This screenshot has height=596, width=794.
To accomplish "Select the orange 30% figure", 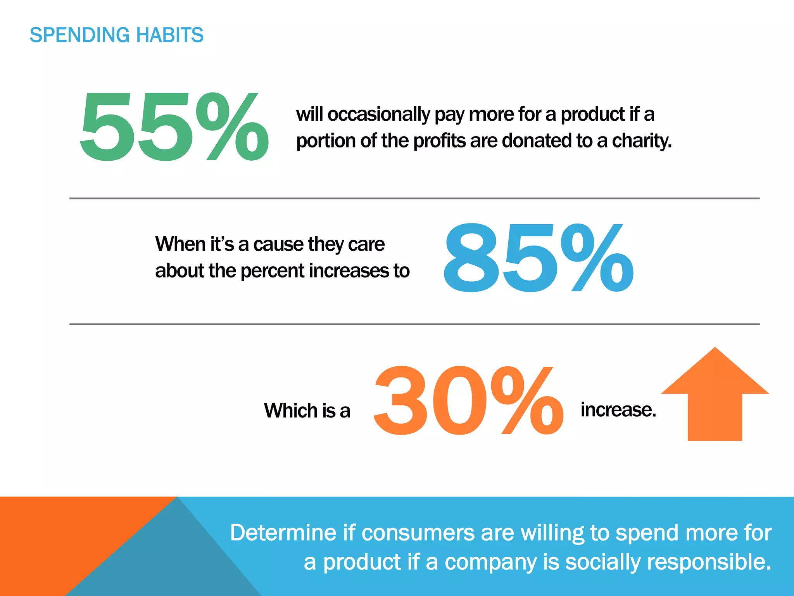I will coord(468,400).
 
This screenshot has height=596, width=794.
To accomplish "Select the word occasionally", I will coord(379,114).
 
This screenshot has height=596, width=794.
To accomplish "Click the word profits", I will coord(439,141).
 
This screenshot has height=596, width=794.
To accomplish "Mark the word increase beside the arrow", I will coord(618,410).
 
